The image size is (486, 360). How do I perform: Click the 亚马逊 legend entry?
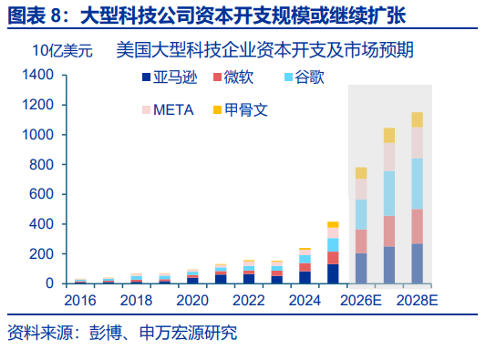coord(170,77)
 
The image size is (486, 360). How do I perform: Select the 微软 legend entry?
coord(233,77)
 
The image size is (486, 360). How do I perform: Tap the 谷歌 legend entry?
coord(305,77)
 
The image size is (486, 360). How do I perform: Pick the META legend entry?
coord(168,110)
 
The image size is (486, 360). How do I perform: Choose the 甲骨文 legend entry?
coord(241,110)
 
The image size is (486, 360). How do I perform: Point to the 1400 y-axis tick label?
coord(37,75)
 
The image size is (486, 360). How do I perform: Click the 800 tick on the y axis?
coord(42,165)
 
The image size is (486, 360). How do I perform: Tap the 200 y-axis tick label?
coord(42,254)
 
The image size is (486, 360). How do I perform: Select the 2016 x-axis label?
coord(80,301)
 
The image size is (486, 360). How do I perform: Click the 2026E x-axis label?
coord(361,301)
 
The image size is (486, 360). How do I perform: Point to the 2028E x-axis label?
coord(417,301)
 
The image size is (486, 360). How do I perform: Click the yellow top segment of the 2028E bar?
coord(418,120)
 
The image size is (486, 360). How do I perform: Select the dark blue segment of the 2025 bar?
coord(333,273)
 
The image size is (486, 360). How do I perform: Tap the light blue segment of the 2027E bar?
coord(389,193)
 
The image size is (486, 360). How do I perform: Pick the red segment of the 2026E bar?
coord(361,242)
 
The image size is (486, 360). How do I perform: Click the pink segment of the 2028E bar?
coord(418,143)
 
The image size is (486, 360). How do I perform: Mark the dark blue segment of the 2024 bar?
coord(305,277)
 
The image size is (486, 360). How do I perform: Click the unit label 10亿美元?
coord(62,50)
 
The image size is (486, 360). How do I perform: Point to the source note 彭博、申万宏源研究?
coord(163,333)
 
